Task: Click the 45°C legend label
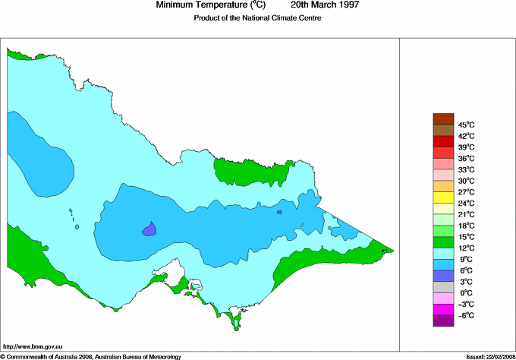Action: point(466,125)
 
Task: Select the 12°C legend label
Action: point(466,248)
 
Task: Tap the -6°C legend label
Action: point(466,315)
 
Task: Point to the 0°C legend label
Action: point(466,293)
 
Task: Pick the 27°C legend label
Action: point(466,192)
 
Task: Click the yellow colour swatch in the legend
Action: point(443,197)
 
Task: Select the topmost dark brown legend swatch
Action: point(443,118)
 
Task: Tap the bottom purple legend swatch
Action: point(443,321)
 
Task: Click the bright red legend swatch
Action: point(443,141)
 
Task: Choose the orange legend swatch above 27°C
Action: point(443,186)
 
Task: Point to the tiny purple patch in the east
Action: point(279,213)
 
